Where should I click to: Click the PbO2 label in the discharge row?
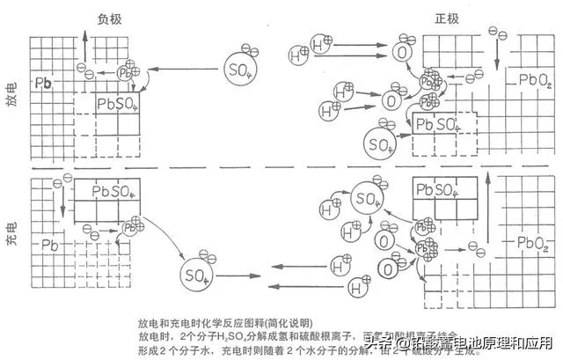click(x=535, y=82)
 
